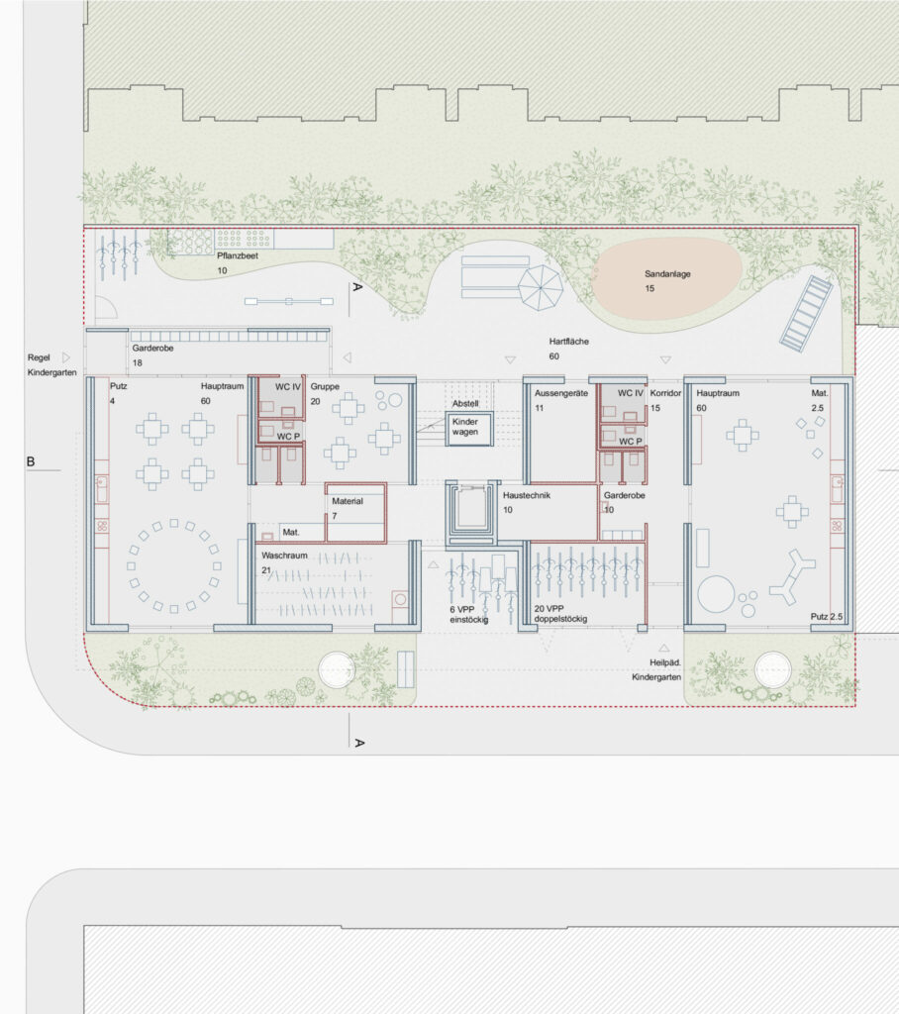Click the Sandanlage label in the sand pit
coord(667,274)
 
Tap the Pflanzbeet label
coord(238,256)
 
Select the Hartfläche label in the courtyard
coord(569,342)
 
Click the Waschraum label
coord(284,556)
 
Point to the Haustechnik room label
coord(527,495)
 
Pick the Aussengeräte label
coord(561,393)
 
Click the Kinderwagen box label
coord(465,427)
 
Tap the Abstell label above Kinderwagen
coord(465,404)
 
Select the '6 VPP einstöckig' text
coord(469,614)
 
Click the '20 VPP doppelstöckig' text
coord(560,614)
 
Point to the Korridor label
coord(665,393)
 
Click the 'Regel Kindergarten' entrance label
coord(51,364)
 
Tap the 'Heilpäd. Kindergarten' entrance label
coord(656,670)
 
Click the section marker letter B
coord(31,461)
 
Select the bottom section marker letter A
coord(359,743)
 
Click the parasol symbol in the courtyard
coord(541,287)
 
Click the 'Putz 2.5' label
coord(827,616)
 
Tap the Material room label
coord(348,501)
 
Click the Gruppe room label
coord(325,387)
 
